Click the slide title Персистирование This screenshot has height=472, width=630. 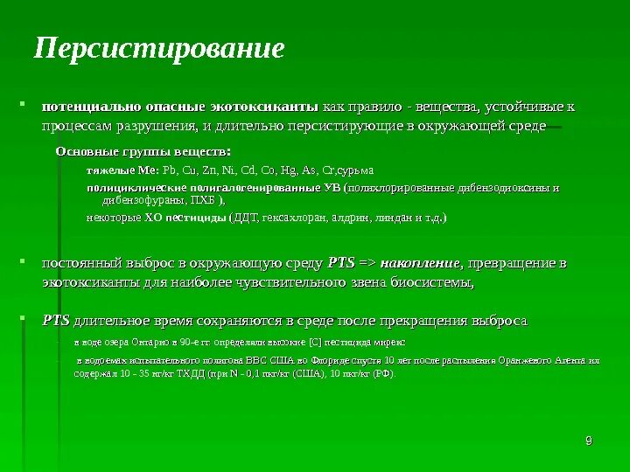pos(159,49)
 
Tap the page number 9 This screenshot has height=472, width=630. pos(589,440)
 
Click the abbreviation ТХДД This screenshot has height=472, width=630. pos(189,372)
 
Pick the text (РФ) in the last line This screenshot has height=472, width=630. pos(382,372)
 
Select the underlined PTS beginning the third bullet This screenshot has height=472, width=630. pos(56,321)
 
